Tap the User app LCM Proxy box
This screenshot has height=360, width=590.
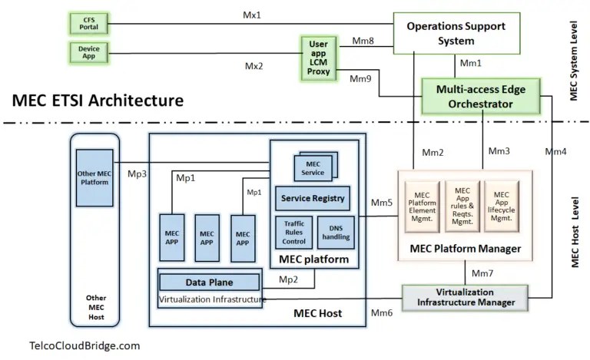(x=318, y=58)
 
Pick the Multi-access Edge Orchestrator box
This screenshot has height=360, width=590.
(x=481, y=96)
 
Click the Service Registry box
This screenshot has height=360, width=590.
(x=312, y=199)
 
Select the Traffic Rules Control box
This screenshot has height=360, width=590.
(x=293, y=232)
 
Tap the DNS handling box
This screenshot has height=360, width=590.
(x=336, y=232)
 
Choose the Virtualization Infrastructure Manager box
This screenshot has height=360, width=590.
(x=465, y=297)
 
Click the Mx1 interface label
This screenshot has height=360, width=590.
(x=253, y=14)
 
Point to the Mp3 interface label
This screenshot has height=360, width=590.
(x=138, y=173)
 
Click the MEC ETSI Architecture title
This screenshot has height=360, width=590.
(x=98, y=100)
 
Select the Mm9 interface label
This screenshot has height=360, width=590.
(x=360, y=78)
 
